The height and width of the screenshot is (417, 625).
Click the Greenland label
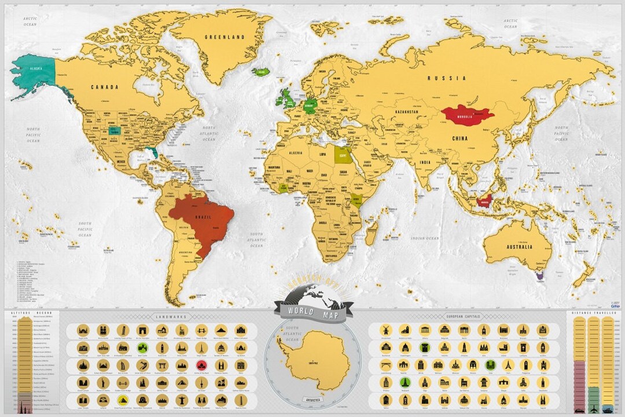225,37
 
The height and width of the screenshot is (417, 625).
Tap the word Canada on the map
104,87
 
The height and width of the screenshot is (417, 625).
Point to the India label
425,163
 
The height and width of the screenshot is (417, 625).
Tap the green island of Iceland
262,71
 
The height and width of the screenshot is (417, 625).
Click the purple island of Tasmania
540,277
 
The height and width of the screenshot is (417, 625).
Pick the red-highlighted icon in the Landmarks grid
201,365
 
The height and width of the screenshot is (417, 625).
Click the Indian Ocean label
425,238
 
